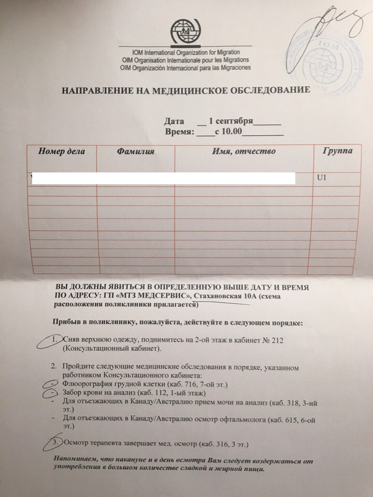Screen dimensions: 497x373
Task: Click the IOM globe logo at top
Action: (x=185, y=33)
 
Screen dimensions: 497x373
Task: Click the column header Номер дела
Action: (x=61, y=151)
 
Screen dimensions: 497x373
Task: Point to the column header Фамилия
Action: (x=136, y=151)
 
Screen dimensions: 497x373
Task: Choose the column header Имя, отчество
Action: (x=243, y=151)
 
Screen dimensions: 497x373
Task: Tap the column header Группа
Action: (x=337, y=151)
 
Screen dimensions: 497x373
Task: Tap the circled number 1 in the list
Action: (x=54, y=340)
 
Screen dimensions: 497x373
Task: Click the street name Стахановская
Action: (x=220, y=295)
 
